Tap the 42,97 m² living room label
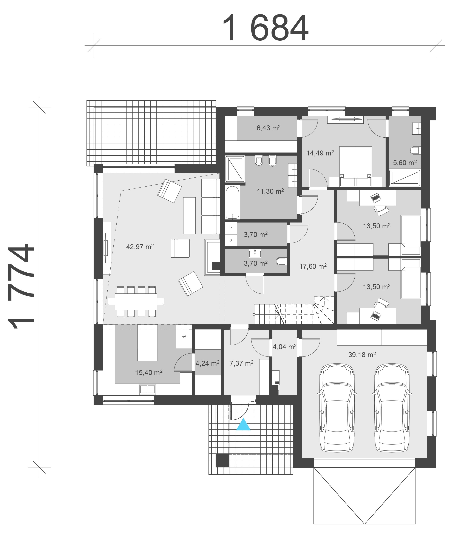pyautogui.click(x=140, y=247)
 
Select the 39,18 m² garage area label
pyautogui.click(x=362, y=355)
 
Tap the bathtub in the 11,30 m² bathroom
pyautogui.click(x=232, y=202)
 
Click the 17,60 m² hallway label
pyautogui.click(x=313, y=266)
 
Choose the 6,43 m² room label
pyautogui.click(x=269, y=128)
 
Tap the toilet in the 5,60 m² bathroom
pyautogui.click(x=415, y=151)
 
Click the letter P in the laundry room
pyautogui.click(x=231, y=228)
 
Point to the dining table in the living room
pyautogui.click(x=136, y=301)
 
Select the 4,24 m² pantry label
pyautogui.click(x=207, y=363)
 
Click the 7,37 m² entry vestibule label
pyautogui.click(x=241, y=363)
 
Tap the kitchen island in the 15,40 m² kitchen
pyautogui.click(x=147, y=343)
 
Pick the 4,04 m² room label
pyautogui.click(x=284, y=347)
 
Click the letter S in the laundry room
pyautogui.click(x=231, y=240)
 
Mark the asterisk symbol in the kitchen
pyautogui.click(x=184, y=336)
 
